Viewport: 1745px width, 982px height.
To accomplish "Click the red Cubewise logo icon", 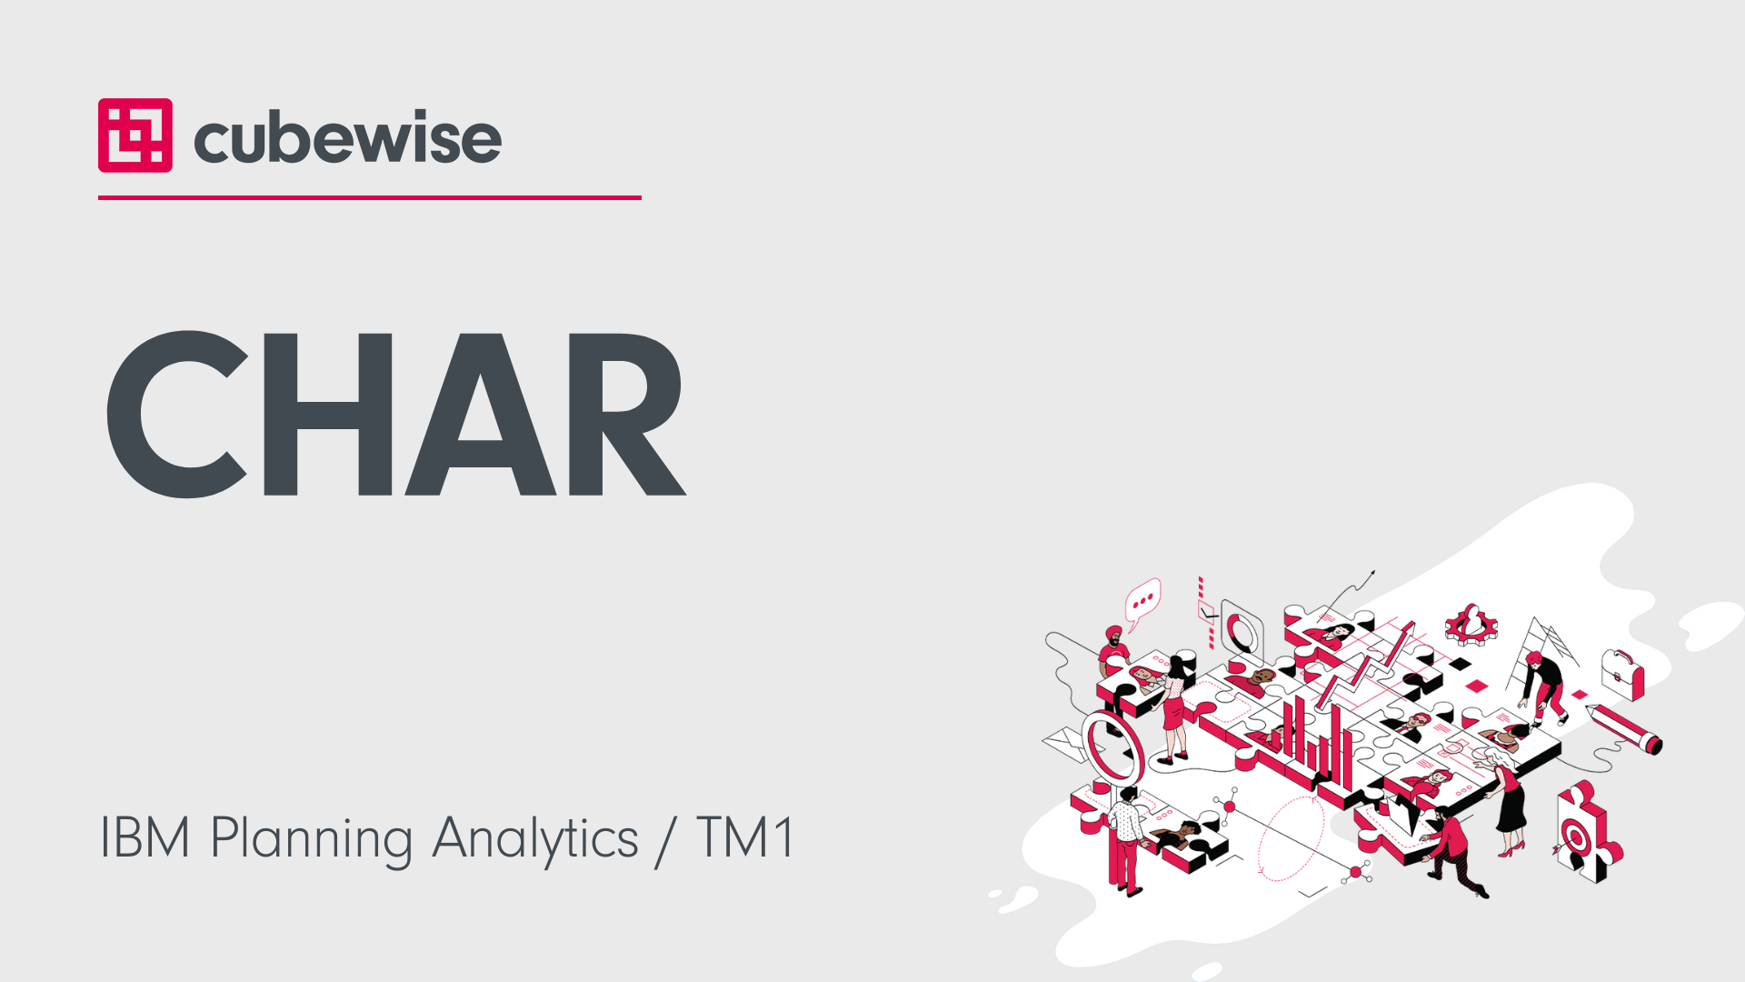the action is point(135,135).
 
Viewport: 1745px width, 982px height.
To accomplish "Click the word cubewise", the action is point(347,138).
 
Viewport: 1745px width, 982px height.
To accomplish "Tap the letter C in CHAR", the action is point(177,414).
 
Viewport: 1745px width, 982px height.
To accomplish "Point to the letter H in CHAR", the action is point(327,414).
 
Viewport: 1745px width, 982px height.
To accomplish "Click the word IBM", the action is point(145,837).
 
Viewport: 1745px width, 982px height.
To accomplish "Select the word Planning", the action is point(312,840).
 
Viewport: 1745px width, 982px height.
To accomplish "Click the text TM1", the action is point(746,837).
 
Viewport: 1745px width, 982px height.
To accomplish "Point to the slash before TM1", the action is point(666,840).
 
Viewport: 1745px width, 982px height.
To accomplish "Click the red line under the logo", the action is point(370,197).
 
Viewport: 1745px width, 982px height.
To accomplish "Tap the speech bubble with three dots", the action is point(1142,602).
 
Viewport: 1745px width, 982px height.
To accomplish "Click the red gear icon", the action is point(1471,626).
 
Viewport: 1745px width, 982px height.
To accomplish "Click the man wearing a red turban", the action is point(1112,650).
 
